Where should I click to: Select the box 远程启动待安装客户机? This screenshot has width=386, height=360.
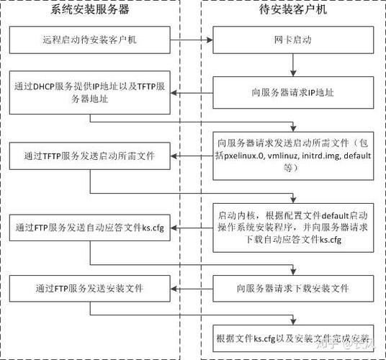[90, 39]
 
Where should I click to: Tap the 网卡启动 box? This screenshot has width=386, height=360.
[292, 39]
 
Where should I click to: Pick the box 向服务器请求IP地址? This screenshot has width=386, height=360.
[292, 92]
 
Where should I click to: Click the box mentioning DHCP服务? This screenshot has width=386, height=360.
[90, 92]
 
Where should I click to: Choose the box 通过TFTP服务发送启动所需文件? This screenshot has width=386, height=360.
[90, 155]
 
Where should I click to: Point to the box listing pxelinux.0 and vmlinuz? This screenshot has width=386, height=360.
[292, 154]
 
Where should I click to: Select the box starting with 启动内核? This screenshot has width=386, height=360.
[292, 227]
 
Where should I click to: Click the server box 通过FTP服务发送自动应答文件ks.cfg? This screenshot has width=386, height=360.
[90, 228]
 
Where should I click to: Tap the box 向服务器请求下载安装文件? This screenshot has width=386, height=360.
[292, 289]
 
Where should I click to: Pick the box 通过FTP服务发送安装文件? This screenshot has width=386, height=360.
[90, 289]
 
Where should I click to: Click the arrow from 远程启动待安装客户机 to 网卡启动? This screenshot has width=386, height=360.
[193, 39]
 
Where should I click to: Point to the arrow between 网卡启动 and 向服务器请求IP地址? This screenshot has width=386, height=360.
[292, 64]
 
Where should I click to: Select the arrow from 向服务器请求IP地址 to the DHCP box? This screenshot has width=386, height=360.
[193, 92]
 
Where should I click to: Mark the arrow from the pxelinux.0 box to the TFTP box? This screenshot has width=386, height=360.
[193, 155]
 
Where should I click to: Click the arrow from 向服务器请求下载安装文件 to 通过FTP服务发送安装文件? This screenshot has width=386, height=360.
[193, 289]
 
